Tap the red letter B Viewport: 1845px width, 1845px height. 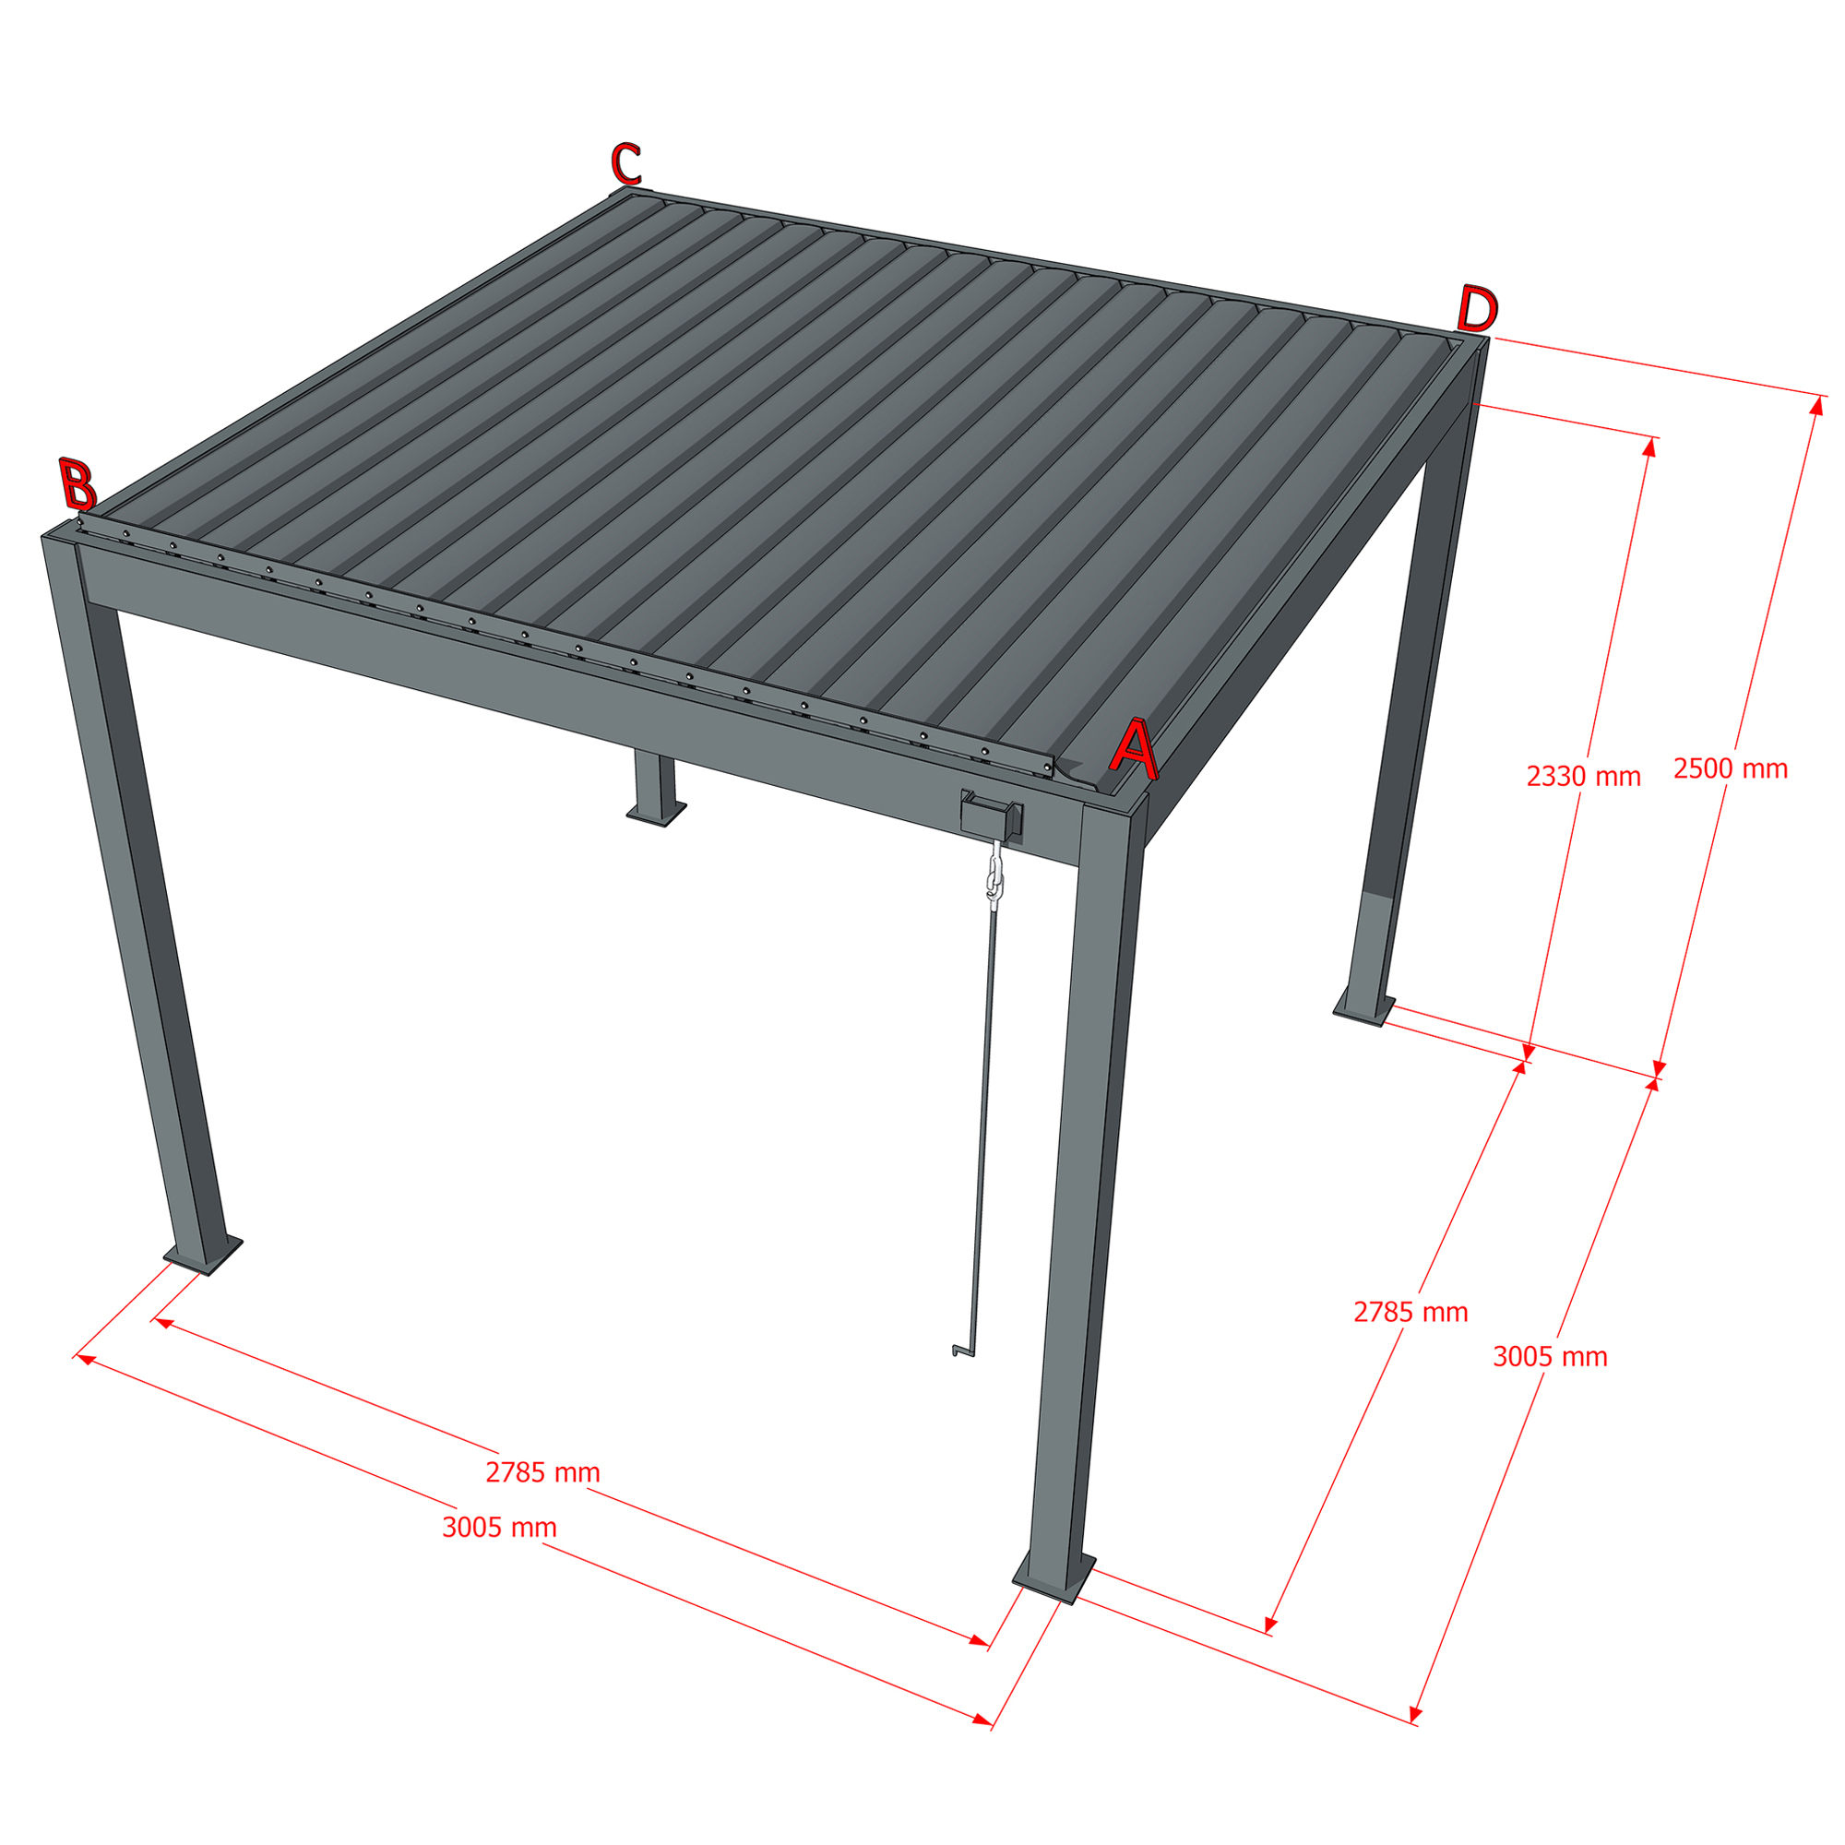point(78,483)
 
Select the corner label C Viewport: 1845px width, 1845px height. point(626,163)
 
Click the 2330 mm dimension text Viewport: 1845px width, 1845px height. point(1583,777)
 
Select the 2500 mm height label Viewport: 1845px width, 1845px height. point(1731,768)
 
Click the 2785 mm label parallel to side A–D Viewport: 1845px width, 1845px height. point(1411,1312)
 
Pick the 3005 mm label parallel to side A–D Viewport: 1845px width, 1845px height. point(1550,1357)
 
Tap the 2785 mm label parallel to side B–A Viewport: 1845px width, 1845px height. point(542,1472)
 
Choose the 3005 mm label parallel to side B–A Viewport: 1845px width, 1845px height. point(499,1527)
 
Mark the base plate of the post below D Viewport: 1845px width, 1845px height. point(1363,1007)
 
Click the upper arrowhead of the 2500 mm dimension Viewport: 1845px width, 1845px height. point(1815,405)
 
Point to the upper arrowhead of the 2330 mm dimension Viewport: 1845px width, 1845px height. point(1649,446)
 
